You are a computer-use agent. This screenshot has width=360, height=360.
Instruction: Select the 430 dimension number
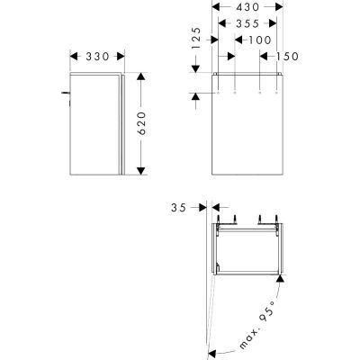pyautogui.click(x=245, y=7)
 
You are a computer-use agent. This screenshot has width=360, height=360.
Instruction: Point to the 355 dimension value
pyautogui.click(x=245, y=23)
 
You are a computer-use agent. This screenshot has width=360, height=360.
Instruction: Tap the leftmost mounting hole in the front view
pyautogui.click(x=218, y=93)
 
